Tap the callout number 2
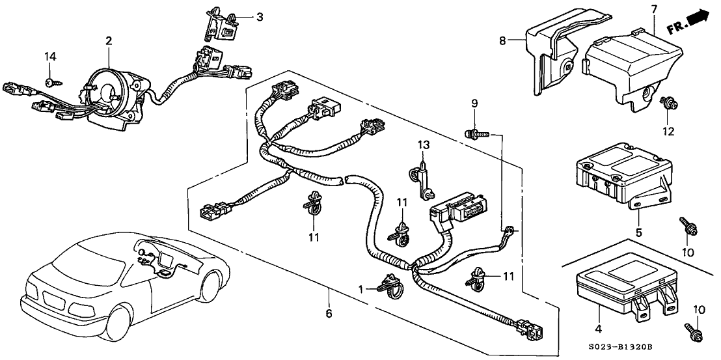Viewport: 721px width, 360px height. pyautogui.click(x=109, y=41)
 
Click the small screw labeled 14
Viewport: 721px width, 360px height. pyautogui.click(x=49, y=81)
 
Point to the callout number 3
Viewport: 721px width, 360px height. pyautogui.click(x=259, y=17)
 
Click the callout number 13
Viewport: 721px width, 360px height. pyautogui.click(x=421, y=144)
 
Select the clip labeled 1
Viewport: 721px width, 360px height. pyautogui.click(x=390, y=284)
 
